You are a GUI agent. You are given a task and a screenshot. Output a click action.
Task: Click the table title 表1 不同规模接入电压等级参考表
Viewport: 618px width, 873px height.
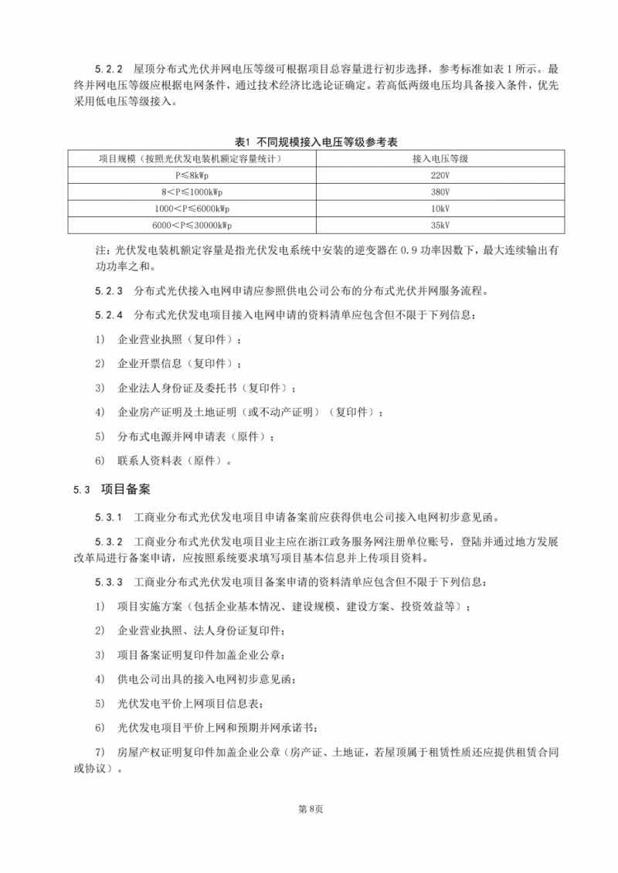pyautogui.click(x=320, y=141)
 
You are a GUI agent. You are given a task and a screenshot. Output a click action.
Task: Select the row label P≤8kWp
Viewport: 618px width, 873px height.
pyautogui.click(x=190, y=175)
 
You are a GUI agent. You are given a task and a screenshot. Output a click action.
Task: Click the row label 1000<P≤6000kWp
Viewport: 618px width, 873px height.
pyautogui.click(x=190, y=209)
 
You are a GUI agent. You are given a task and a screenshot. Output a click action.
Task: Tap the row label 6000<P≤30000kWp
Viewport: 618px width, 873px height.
pyautogui.click(x=190, y=225)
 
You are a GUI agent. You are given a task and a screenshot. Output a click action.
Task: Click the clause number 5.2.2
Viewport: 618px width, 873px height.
pyautogui.click(x=109, y=67)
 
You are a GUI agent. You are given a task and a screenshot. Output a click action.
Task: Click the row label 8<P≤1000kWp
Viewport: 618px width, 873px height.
pyautogui.click(x=190, y=192)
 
